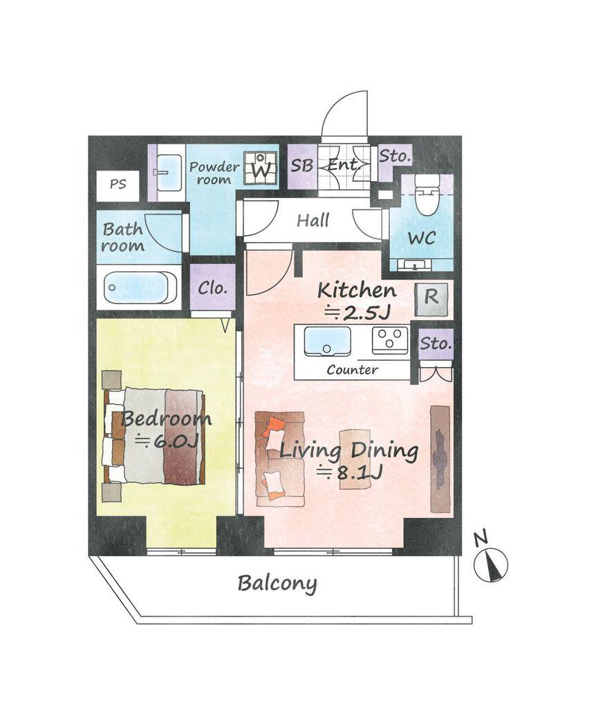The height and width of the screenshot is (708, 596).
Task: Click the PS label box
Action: (118, 185)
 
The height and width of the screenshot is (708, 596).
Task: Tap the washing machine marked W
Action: (261, 168)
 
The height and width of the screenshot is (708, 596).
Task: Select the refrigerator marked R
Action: (431, 300)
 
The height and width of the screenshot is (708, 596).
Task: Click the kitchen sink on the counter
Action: (327, 342)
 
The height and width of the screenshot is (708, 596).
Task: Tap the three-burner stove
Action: (390, 340)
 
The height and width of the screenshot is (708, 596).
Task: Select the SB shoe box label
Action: (301, 166)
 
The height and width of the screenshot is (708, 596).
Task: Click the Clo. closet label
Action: (212, 288)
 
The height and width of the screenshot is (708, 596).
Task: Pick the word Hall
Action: (313, 221)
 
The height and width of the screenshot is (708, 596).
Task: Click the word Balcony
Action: (277, 583)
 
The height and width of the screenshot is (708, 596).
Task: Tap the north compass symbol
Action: (491, 564)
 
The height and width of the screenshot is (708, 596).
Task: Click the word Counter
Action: (352, 370)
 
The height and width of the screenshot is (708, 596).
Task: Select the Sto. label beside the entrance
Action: (395, 156)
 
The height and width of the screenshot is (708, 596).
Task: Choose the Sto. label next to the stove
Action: (436, 344)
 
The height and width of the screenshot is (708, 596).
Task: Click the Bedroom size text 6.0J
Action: (167, 440)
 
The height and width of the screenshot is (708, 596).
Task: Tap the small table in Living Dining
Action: (355, 459)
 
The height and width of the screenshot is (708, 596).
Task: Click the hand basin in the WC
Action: (414, 265)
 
